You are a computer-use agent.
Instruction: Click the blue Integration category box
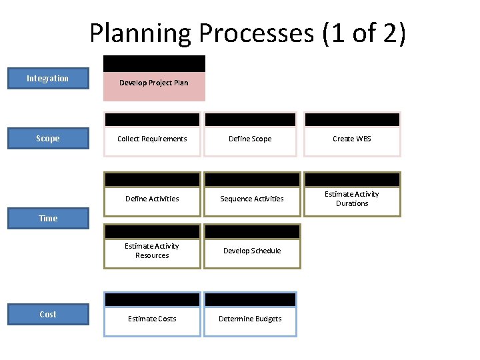point(47,79)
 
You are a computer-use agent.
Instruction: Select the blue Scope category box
point(47,139)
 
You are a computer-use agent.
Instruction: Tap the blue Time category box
point(47,219)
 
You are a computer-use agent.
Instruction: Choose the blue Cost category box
point(47,315)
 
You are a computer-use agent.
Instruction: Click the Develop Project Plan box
point(154,83)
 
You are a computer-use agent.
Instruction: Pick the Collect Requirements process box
point(152,139)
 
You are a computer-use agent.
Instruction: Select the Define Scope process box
point(250,139)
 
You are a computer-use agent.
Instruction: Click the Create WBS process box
point(352,139)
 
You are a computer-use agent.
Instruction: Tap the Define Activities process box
point(152,199)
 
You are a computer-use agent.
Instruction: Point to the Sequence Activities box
point(252,199)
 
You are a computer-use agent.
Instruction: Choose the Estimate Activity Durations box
point(352,199)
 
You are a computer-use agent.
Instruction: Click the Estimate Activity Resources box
point(152,251)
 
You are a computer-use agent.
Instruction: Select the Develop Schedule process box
point(252,251)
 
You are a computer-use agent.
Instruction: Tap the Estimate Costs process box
point(152,319)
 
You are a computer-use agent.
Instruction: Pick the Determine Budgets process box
point(250,319)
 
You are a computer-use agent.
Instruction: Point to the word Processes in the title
point(270,34)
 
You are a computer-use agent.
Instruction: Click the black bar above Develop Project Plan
point(154,63)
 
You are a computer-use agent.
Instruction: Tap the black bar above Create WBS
point(352,119)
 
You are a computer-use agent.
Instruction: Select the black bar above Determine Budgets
point(250,299)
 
